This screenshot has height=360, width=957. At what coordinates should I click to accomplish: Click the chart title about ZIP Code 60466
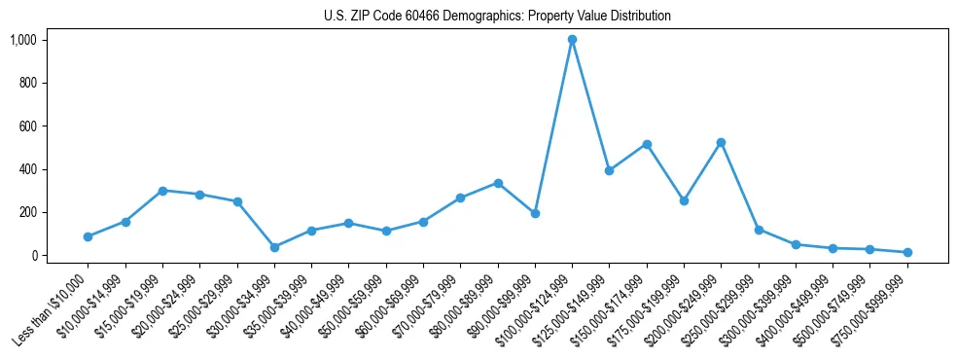pyautogui.click(x=497, y=17)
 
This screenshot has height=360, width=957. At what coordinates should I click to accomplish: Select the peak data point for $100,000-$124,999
pyautogui.click(x=572, y=40)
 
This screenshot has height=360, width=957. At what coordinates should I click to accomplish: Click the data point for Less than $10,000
pyautogui.click(x=88, y=236)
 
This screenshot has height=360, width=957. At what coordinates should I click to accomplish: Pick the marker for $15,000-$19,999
pyautogui.click(x=162, y=191)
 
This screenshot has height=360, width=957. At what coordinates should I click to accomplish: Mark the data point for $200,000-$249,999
pyautogui.click(x=721, y=142)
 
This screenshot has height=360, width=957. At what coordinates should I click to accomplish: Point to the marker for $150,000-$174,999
pyautogui.click(x=647, y=144)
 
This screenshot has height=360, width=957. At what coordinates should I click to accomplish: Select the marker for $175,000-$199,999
pyautogui.click(x=684, y=200)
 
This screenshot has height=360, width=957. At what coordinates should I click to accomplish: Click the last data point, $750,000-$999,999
pyautogui.click(x=907, y=252)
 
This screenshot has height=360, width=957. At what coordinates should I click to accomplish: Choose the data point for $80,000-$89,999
pyautogui.click(x=498, y=183)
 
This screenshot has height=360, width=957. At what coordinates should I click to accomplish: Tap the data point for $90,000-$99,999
pyautogui.click(x=535, y=213)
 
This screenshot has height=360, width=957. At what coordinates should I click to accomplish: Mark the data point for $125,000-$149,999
pyautogui.click(x=609, y=170)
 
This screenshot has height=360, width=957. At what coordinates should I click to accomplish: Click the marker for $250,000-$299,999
pyautogui.click(x=759, y=230)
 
